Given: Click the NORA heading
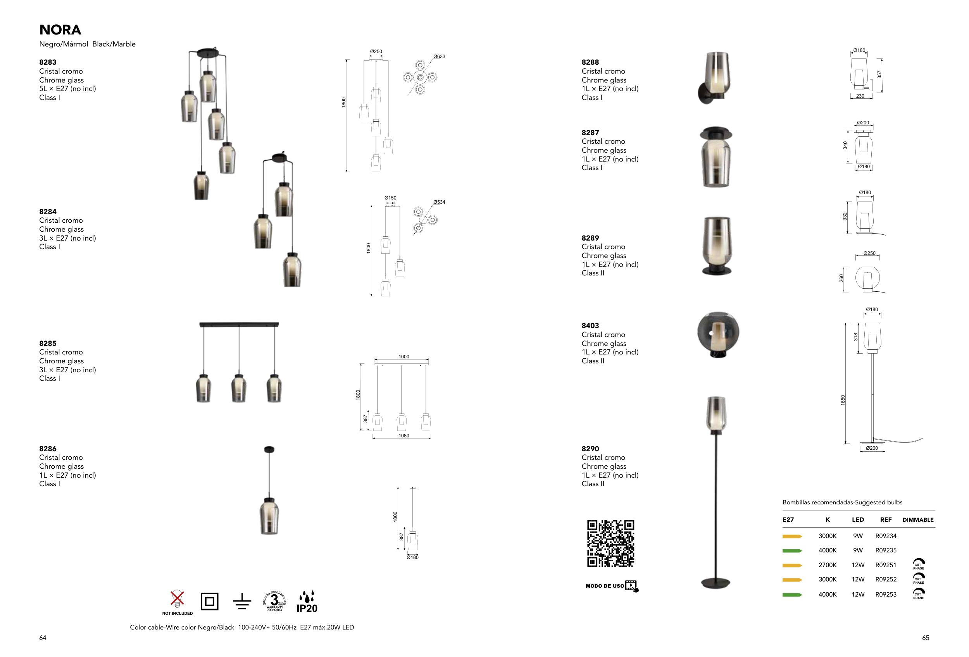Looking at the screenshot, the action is coord(60,30).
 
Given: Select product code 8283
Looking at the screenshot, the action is coord(48,62).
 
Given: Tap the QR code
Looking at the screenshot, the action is coord(610,543).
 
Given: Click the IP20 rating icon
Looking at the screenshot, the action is coord(307,602).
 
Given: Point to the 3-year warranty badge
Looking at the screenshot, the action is coord(274,601).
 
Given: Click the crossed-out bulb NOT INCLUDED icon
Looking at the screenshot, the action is coord(177,602).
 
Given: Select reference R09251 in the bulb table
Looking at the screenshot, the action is coord(886,565).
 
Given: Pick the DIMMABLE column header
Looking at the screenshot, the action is coord(918,519).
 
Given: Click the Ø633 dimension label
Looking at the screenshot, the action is coord(439,56).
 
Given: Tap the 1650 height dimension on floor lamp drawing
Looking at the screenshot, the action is coord(843,400).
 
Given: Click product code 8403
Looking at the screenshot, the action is coord(590,325).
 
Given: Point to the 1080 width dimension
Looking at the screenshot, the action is coord(403,435).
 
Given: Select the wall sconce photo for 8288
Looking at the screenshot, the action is coord(714,77).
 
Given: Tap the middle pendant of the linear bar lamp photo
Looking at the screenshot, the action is coord(239,388).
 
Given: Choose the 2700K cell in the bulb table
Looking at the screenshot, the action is coord(827,565).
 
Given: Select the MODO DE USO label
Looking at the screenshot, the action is coord(605,586).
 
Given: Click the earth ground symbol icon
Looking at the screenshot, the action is coord(242,602).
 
